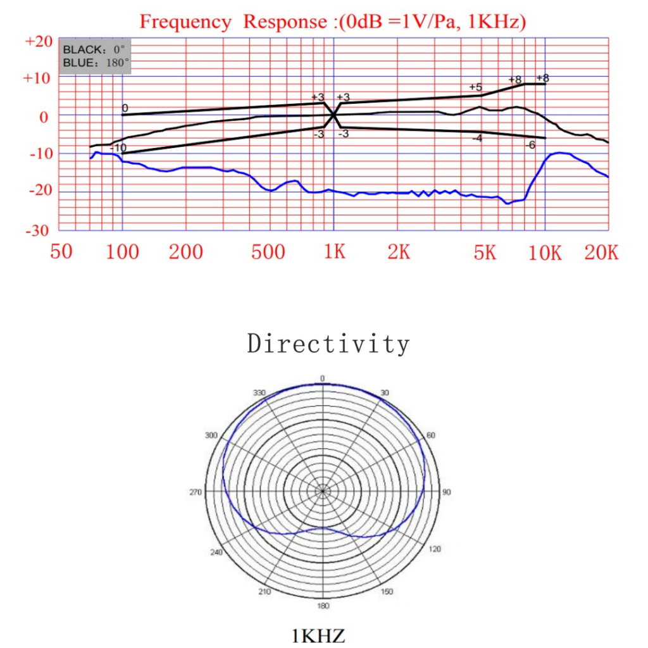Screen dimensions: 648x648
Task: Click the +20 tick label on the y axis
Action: pyautogui.click(x=37, y=42)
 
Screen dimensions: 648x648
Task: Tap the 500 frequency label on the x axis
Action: pyautogui.click(x=268, y=252)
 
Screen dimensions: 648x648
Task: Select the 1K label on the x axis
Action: pyautogui.click(x=335, y=252)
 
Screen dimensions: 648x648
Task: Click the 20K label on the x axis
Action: pyautogui.click(x=601, y=252)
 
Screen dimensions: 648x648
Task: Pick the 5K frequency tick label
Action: pyautogui.click(x=485, y=252)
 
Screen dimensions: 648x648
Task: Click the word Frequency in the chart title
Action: pyautogui.click(x=185, y=22)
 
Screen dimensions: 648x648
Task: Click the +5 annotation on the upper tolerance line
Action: pyautogui.click(x=476, y=87)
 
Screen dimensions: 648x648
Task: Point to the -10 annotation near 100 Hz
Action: pyautogui.click(x=118, y=148)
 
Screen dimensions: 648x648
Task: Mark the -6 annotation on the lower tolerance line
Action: pyautogui.click(x=530, y=145)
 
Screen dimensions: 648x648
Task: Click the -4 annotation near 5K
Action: pyautogui.click(x=477, y=138)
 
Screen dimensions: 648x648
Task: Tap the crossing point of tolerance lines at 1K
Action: pyautogui.click(x=333, y=115)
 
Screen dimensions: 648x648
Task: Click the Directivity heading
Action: pyautogui.click(x=328, y=344)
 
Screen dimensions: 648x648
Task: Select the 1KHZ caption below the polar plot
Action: pyautogui.click(x=318, y=635)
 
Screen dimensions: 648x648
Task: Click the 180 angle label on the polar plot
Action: pyautogui.click(x=323, y=606)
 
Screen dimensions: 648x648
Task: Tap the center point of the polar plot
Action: pyautogui.click(x=323, y=491)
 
